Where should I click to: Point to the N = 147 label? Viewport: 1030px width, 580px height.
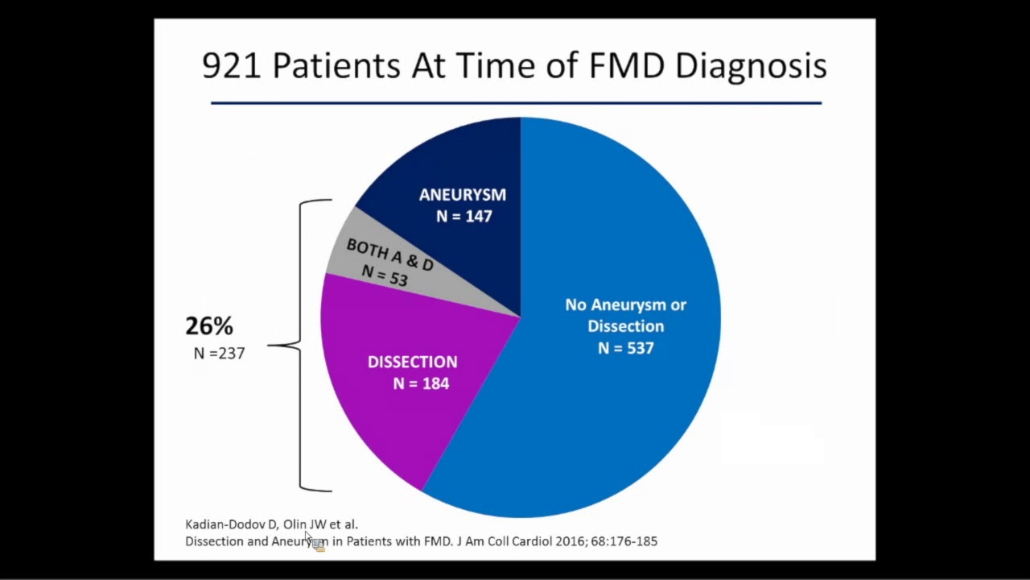(x=463, y=217)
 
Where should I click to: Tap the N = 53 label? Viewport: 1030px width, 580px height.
(x=385, y=275)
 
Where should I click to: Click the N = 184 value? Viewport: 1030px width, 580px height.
(x=421, y=384)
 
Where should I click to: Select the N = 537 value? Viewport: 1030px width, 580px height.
(x=625, y=348)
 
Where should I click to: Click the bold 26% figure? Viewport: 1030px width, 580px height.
(x=209, y=326)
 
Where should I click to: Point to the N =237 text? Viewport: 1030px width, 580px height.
(x=219, y=353)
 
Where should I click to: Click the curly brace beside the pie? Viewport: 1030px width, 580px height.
(x=302, y=345)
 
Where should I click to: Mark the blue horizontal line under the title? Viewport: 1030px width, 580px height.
(x=515, y=103)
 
